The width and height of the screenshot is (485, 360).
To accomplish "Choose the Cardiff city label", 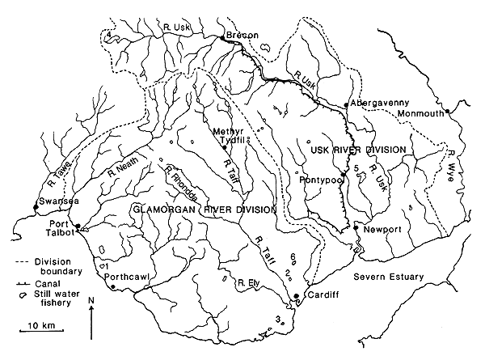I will pos(319,295).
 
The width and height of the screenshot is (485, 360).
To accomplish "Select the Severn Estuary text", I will pos(391,277).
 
